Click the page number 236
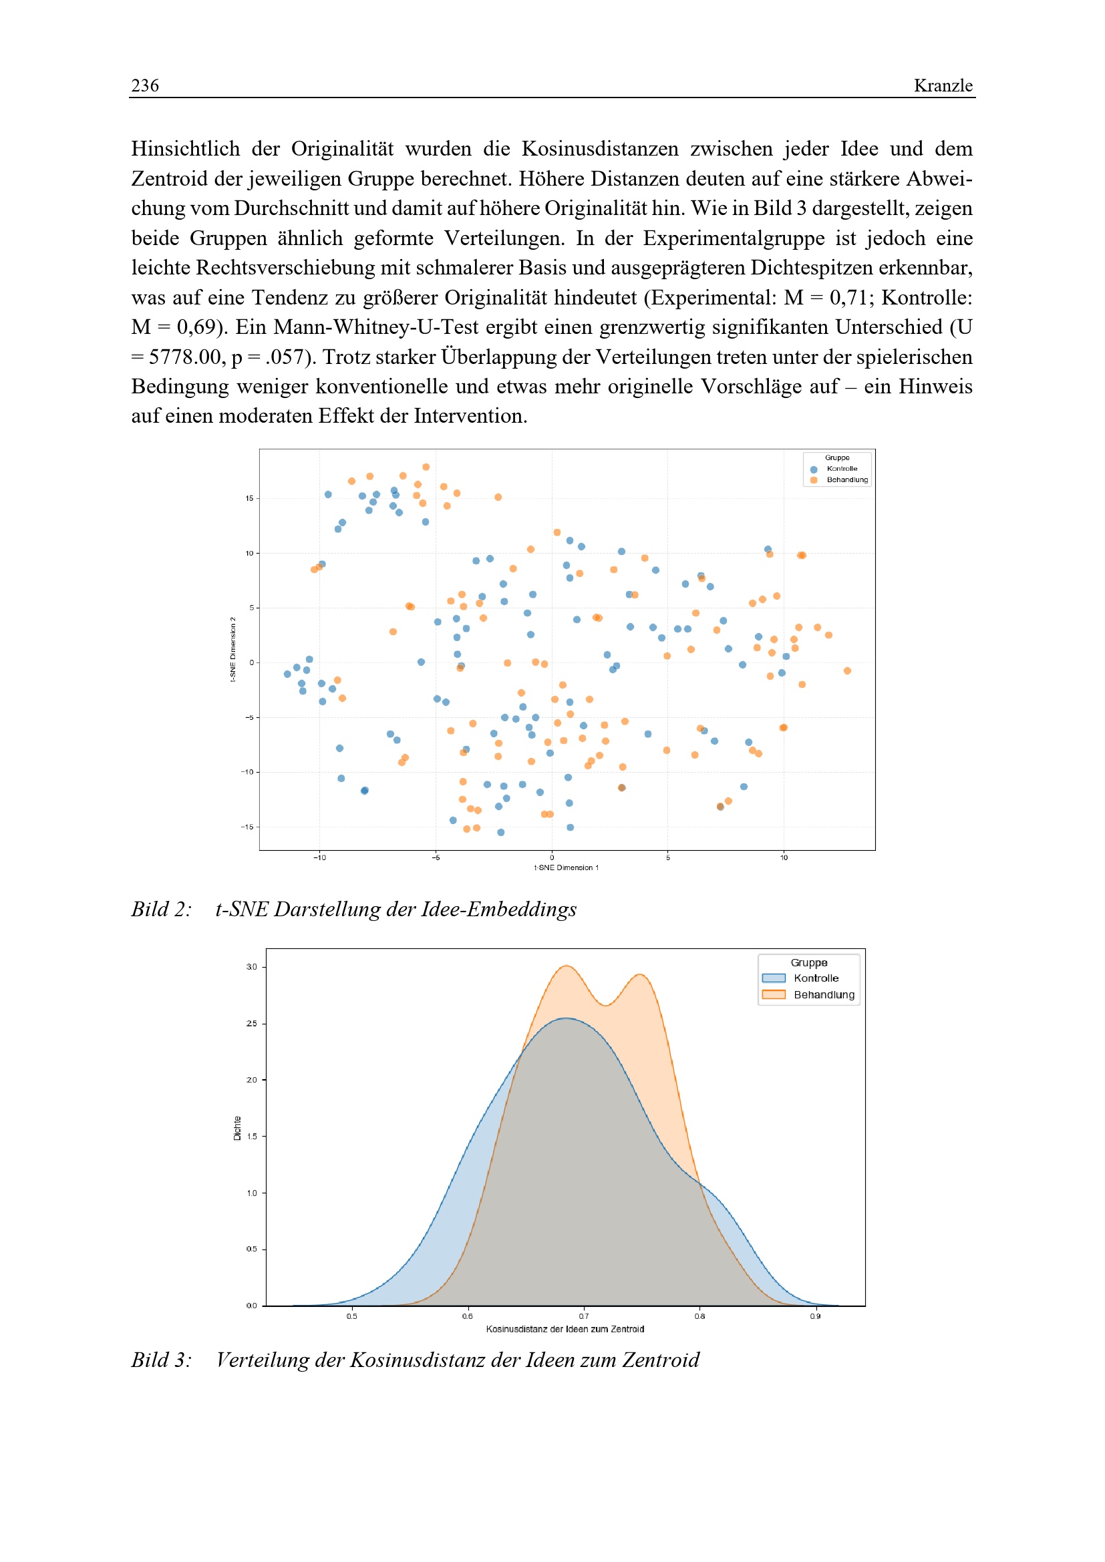[145, 85]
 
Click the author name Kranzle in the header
[943, 85]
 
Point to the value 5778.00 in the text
[180, 357]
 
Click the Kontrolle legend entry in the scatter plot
[842, 469]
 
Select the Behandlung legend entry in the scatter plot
[846, 479]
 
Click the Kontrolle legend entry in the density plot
[816, 978]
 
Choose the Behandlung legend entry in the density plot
[823, 994]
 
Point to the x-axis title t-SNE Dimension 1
[566, 867]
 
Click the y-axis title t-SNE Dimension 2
[232, 649]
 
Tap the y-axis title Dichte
[237, 1128]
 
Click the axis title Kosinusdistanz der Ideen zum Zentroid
[565, 1329]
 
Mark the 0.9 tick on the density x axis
[815, 1316]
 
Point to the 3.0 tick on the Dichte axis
[252, 967]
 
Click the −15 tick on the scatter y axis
[247, 827]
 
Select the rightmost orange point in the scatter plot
[847, 670]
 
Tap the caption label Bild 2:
[161, 909]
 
